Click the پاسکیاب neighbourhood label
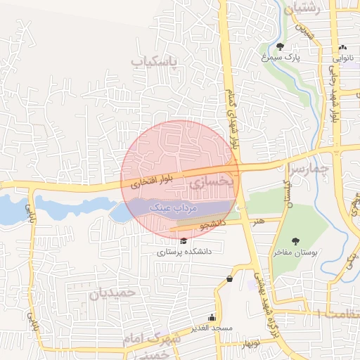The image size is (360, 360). [160, 62]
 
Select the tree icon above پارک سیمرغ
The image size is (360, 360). [281, 47]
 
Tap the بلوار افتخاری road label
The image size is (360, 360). [150, 181]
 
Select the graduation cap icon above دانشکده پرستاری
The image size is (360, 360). [184, 241]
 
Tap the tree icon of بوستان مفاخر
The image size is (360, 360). [295, 241]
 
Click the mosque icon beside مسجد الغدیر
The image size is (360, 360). [212, 316]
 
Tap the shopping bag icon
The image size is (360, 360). [230, 279]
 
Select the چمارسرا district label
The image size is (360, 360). [309, 169]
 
